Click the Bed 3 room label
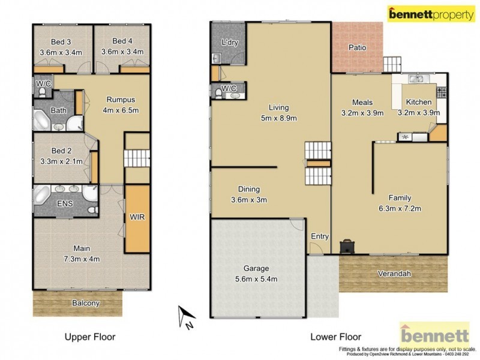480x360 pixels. [x=60, y=41]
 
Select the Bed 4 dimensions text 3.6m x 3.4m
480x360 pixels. [x=122, y=52]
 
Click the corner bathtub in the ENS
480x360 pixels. [x=43, y=195]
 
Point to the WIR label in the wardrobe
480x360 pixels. [x=138, y=217]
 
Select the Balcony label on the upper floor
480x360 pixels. [x=85, y=303]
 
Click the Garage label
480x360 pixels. [x=256, y=268]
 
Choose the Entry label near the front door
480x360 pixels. [x=319, y=236]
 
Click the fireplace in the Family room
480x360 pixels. [x=347, y=245]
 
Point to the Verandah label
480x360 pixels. [x=394, y=274]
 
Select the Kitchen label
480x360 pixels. [x=418, y=102]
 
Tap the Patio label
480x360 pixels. [x=357, y=47]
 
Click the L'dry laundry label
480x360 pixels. [x=230, y=43]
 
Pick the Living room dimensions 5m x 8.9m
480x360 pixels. [x=278, y=118]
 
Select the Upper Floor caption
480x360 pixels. [x=90, y=337]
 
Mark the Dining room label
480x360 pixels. [x=249, y=188]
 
